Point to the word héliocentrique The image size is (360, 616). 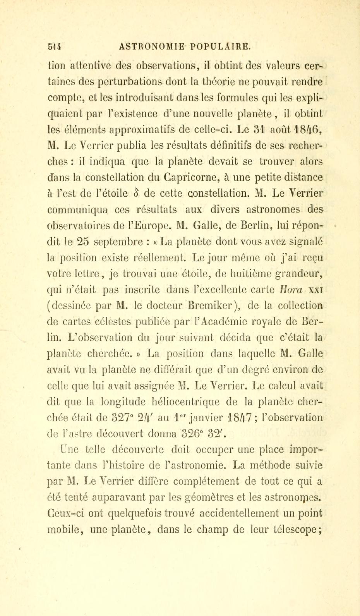point(195,401)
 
